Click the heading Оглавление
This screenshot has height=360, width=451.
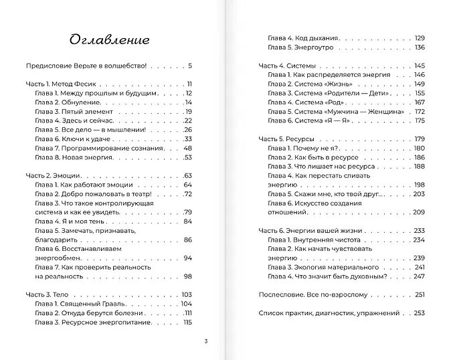coord(108,39)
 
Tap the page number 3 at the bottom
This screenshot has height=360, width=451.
coord(206,342)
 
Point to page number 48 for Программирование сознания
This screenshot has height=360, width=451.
coord(187,148)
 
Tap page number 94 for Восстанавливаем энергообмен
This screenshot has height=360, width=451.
coord(187,258)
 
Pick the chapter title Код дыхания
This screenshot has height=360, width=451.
coord(311,38)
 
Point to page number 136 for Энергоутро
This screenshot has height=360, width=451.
coord(420,48)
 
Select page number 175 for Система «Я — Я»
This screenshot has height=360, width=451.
coord(420,120)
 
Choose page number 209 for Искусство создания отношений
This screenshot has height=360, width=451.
coord(419,212)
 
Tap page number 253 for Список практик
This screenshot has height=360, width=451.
coord(420,312)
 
